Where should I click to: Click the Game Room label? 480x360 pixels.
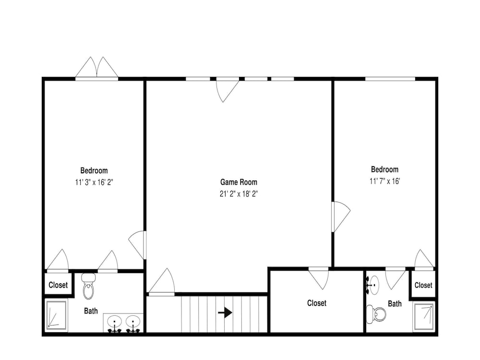pos(239,182)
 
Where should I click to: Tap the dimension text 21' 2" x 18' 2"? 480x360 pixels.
pos(239,194)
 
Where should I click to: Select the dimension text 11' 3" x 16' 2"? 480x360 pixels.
pos(94,182)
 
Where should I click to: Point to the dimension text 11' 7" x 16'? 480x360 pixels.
pos(385,181)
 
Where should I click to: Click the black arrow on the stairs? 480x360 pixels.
pos(225,312)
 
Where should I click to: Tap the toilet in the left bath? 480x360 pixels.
pos(88,286)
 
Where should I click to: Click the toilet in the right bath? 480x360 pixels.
pos(376,314)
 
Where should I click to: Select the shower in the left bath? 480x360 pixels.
pos(57,315)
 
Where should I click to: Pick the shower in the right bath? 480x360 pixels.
pos(423,316)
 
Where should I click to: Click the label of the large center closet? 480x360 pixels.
pos(317,303)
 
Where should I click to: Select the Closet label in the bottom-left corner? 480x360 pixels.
pos(58,285)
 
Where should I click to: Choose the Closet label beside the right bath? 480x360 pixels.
pos(423,285)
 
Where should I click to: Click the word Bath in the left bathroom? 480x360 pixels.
pos(91,311)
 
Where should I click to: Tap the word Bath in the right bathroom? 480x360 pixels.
pos(395,304)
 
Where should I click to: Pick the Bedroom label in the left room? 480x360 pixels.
pos(94,170)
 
